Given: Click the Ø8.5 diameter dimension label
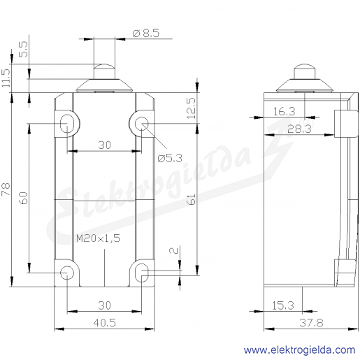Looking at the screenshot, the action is pyautogui.click(x=146, y=33).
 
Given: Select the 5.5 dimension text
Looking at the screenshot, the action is pyautogui.click(x=23, y=49).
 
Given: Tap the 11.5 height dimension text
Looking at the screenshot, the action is pyautogui.click(x=6, y=78).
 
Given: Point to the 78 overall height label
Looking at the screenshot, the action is pyautogui.click(x=6, y=189).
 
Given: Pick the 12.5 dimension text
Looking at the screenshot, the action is pyautogui.click(x=192, y=108).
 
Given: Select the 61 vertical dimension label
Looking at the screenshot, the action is pyautogui.click(x=192, y=199).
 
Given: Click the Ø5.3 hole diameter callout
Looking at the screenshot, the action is pyautogui.click(x=170, y=159).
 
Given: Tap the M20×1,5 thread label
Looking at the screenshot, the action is pyautogui.click(x=98, y=238).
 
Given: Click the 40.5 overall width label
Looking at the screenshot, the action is pyautogui.click(x=104, y=323).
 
